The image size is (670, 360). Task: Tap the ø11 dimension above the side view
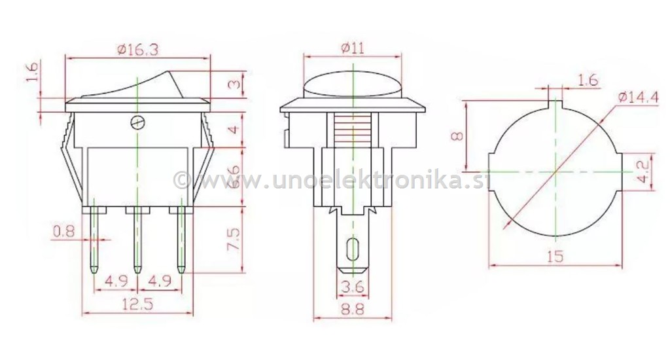[353, 47]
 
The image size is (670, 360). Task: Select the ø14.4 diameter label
[637, 98]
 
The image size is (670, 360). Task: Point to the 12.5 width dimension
[137, 304]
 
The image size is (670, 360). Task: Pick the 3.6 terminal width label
[353, 287]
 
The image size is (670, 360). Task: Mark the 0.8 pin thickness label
[63, 230]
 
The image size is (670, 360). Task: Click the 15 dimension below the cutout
[554, 257]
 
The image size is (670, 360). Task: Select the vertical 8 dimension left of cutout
[458, 135]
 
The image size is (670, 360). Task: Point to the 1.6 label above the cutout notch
[588, 80]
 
